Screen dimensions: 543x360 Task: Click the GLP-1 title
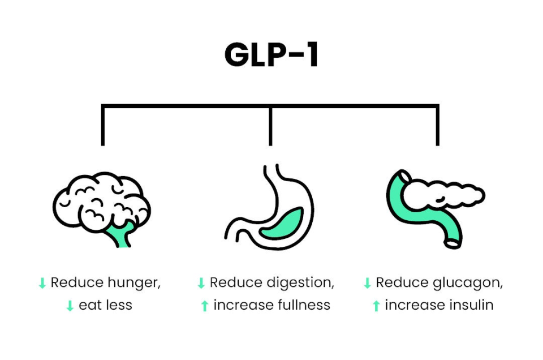(x=271, y=54)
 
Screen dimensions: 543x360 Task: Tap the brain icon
(x=102, y=209)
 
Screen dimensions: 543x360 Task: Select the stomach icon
(x=269, y=207)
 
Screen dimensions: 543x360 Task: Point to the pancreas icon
(x=436, y=209)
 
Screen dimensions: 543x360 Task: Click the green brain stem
(x=120, y=234)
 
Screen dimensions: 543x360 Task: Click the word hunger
(x=133, y=282)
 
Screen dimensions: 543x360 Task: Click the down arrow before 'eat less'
(x=70, y=306)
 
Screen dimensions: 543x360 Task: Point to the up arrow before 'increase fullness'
(x=205, y=306)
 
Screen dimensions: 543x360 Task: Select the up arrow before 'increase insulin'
(x=376, y=306)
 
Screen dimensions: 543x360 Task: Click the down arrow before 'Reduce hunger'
(x=42, y=283)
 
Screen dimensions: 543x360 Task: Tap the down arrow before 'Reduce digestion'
(x=201, y=283)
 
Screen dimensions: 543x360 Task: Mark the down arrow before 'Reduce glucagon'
(x=368, y=283)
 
